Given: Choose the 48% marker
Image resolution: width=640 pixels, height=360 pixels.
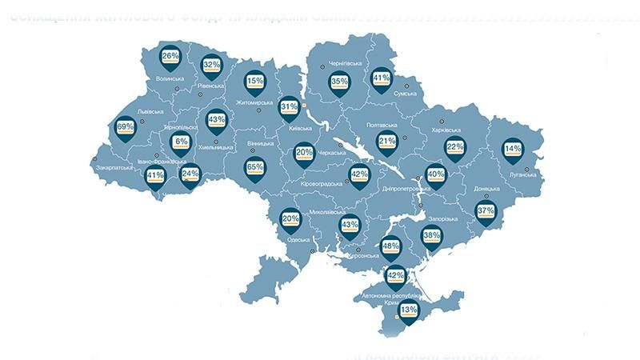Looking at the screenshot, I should point(391,249).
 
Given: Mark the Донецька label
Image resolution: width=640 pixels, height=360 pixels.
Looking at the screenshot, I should point(486,190).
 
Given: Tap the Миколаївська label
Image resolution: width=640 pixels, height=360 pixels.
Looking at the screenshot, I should point(329,214).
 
